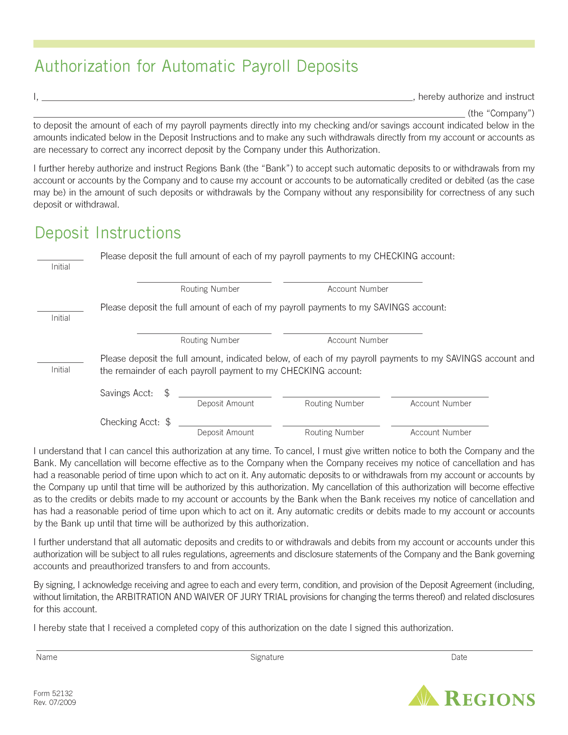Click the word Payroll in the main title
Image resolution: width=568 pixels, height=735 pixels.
point(266,67)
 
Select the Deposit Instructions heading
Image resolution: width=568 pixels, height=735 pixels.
point(108,233)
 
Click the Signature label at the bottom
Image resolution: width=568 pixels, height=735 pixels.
point(267,657)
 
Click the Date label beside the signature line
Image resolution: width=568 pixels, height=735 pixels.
point(459,657)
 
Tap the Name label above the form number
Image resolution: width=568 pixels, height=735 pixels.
point(47,657)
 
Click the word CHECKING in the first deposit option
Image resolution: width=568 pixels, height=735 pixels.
point(395,256)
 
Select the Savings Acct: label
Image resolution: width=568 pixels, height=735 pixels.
point(127,393)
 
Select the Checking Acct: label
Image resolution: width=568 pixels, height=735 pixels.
point(130,422)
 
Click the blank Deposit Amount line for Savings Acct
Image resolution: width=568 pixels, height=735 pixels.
point(225,394)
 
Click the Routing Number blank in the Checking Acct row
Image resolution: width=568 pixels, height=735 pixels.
point(331,423)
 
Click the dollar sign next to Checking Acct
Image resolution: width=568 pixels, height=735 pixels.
point(168,422)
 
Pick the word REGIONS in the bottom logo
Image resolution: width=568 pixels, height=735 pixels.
point(490,699)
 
